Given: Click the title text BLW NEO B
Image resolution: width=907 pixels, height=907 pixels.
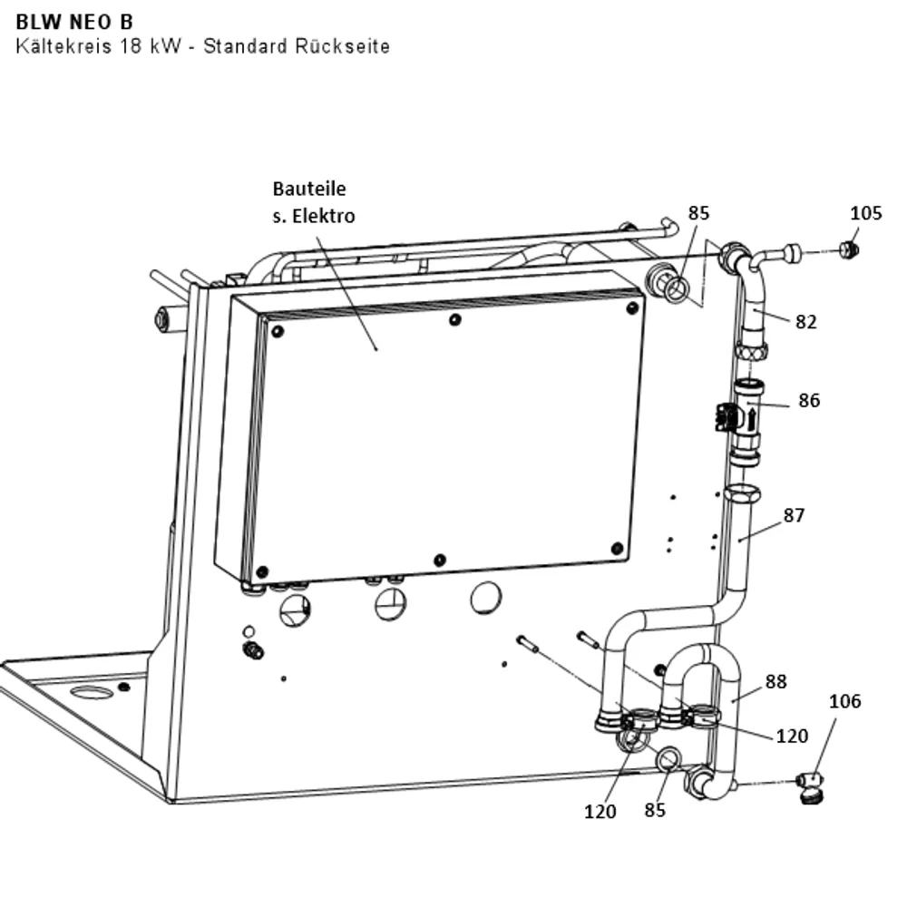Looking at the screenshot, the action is click(74, 22).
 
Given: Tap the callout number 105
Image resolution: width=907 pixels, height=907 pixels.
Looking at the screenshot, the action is click(865, 213).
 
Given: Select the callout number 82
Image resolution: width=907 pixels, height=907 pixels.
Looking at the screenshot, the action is click(805, 322).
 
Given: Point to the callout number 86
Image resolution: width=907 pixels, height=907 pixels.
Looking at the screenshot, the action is click(809, 400).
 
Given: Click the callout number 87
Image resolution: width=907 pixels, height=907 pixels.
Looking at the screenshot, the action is click(794, 515).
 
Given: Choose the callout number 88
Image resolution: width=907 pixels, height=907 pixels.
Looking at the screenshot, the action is click(775, 681).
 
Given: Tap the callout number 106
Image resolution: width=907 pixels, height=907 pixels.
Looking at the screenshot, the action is click(844, 701).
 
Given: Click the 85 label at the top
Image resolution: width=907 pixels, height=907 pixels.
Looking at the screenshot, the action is click(698, 213).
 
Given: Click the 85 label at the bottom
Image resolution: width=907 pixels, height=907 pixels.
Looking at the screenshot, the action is click(655, 810).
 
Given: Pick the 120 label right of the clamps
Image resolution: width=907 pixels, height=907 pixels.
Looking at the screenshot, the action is click(791, 736).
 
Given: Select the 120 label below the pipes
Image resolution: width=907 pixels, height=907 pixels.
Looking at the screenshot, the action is click(600, 812).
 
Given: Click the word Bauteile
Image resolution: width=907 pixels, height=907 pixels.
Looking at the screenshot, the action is click(309, 189).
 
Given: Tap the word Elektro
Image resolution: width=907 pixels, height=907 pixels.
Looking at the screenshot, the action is click(324, 216).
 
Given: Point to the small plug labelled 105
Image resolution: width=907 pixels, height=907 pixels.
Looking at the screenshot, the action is click(849, 250).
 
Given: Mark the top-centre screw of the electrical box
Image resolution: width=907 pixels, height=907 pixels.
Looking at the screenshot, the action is click(455, 319).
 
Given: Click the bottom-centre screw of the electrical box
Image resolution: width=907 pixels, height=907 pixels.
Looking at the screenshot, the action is click(440, 560).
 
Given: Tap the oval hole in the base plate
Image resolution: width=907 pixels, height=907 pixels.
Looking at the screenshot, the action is click(92, 692).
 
